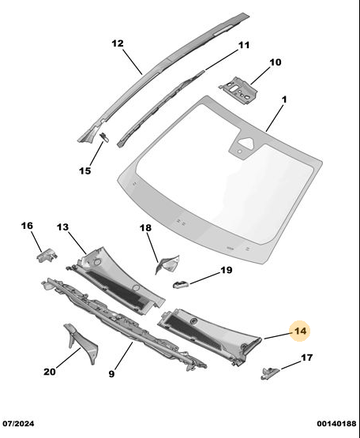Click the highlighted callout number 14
tap(301, 331)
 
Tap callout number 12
tap(118, 43)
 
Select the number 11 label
tap(243, 45)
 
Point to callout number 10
tap(276, 62)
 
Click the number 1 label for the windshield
tap(284, 99)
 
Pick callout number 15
tap(85, 170)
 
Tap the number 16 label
tap(27, 226)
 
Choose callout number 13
tap(62, 227)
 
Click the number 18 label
tap(145, 228)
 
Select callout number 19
tap(226, 270)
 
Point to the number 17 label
tap(306, 358)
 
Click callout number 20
tap(50, 372)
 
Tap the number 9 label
tap(111, 374)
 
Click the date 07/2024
tap(18, 424)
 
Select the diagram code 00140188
tap(336, 424)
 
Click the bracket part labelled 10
tap(238, 90)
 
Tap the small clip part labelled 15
tap(104, 137)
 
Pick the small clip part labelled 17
tap(269, 373)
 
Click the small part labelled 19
tap(181, 285)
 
